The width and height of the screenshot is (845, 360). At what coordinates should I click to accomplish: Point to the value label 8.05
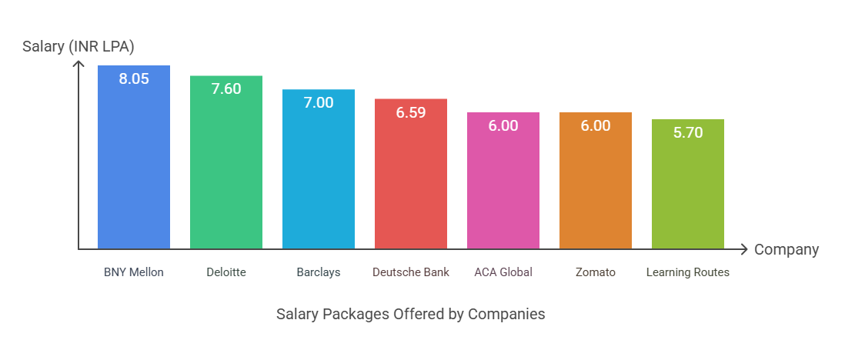(x=134, y=78)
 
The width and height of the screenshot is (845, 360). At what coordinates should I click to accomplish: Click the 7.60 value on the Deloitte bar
(x=226, y=88)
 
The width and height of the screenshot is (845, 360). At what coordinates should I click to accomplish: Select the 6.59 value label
(x=411, y=112)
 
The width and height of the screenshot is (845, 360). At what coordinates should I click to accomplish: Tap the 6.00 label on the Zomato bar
(x=596, y=125)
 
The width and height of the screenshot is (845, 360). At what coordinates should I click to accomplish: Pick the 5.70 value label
(x=688, y=132)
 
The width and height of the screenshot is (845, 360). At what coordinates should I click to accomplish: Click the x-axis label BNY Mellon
(x=134, y=272)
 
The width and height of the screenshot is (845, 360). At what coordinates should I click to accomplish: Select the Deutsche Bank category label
(x=411, y=272)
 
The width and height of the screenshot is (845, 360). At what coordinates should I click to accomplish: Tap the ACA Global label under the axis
(x=503, y=272)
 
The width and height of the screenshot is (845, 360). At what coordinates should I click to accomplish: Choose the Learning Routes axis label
(x=688, y=272)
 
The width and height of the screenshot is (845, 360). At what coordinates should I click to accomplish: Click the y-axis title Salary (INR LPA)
(x=78, y=47)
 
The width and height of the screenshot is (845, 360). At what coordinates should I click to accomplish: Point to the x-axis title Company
(x=787, y=250)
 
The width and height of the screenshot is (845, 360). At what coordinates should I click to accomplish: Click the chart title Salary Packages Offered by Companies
(x=411, y=315)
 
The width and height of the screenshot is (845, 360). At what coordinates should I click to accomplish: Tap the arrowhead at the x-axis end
(x=743, y=249)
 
